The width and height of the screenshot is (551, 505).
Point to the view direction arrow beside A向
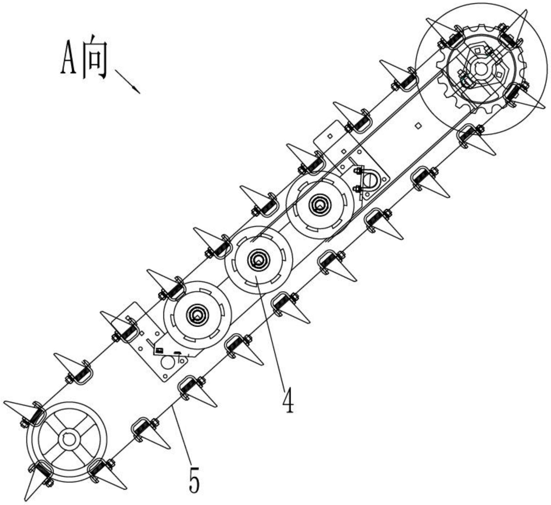click(x=127, y=81)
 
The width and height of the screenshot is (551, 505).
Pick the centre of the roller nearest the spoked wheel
click(x=197, y=315)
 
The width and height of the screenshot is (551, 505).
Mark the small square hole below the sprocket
click(x=418, y=125)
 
